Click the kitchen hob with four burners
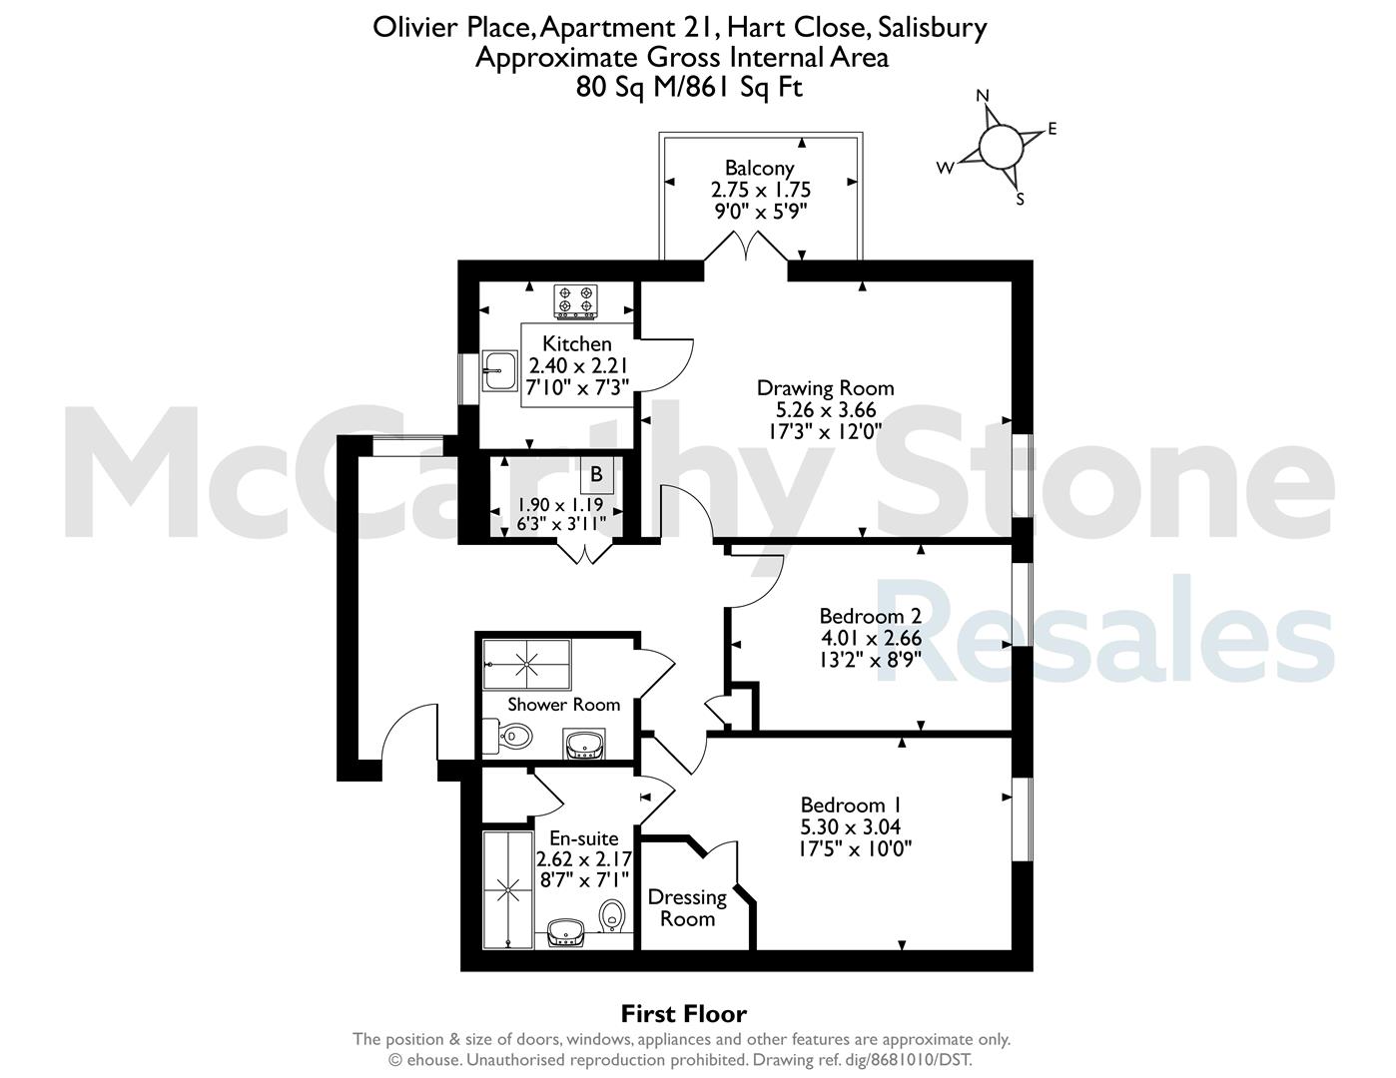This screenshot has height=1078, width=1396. pyautogui.click(x=575, y=301)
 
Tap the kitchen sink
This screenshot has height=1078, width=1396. pyautogui.click(x=499, y=370)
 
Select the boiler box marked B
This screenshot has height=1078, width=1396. pyautogui.click(x=597, y=474)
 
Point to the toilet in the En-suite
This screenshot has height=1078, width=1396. pyautogui.click(x=611, y=915)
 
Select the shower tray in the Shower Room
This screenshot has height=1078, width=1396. pyautogui.click(x=527, y=664)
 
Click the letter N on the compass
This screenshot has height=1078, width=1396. pyautogui.click(x=983, y=96)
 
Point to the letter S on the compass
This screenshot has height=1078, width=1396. pyautogui.click(x=1020, y=199)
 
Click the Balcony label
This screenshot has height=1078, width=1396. pyautogui.click(x=759, y=169)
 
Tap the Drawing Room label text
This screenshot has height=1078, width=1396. pyautogui.click(x=825, y=388)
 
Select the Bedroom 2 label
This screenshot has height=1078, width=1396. pyautogui.click(x=871, y=617)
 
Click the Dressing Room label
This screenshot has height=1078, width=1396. pyautogui.click(x=687, y=908)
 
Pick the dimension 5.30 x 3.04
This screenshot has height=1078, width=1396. pyautogui.click(x=851, y=826)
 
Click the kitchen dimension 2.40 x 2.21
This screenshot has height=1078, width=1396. pyautogui.click(x=577, y=365)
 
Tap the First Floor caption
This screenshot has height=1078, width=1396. pyautogui.click(x=684, y=1014)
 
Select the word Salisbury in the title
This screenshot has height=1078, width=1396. pyautogui.click(x=933, y=28)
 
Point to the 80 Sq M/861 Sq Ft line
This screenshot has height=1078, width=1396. pyautogui.click(x=689, y=87)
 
